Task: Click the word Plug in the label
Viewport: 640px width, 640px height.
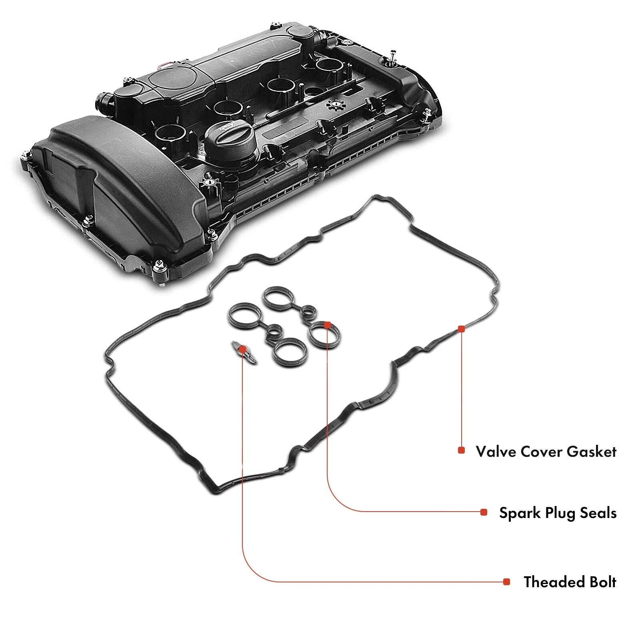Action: point(558,513)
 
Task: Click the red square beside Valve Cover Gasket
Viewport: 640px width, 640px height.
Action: point(461,450)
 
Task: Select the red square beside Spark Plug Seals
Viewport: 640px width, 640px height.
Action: point(484,512)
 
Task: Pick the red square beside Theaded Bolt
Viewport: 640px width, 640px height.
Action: point(507,582)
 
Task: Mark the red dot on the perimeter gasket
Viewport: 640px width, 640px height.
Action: point(461,329)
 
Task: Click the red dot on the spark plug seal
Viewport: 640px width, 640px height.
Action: point(327,324)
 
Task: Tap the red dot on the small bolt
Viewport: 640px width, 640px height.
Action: point(242,349)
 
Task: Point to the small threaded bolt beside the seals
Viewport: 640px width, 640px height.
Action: point(244,352)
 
